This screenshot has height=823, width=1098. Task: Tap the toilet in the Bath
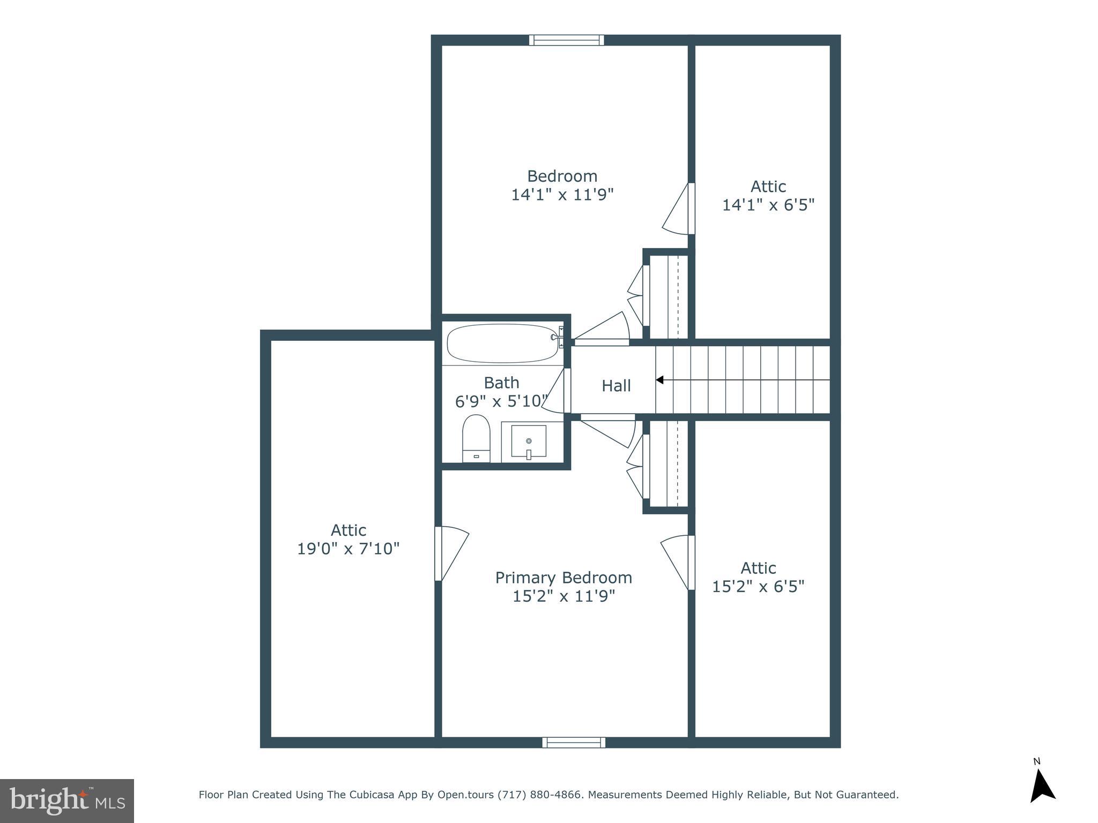tap(476, 438)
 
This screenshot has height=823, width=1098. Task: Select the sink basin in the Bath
tap(529, 442)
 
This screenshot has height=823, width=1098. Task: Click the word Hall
tap(616, 386)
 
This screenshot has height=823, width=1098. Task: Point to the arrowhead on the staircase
tap(660, 380)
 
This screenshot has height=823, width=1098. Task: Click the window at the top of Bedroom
tap(566, 40)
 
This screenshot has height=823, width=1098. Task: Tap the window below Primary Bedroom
tap(574, 742)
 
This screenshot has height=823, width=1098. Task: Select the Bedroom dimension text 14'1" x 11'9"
tap(562, 194)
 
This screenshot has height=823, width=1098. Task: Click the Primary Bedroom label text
tap(563, 578)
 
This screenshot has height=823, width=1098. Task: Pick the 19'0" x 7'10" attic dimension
tap(348, 549)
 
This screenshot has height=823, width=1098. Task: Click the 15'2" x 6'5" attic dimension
tap(758, 587)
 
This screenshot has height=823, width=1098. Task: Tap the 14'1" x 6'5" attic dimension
tap(768, 205)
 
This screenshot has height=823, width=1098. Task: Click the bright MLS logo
tap(67, 800)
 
